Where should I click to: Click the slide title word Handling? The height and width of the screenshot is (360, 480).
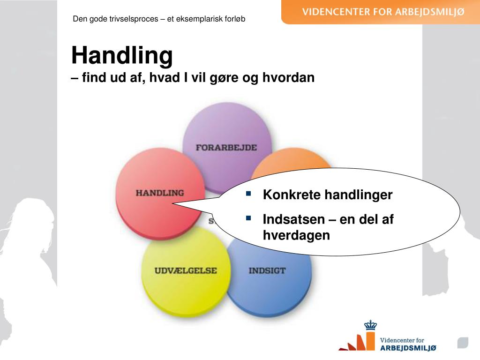point(122,56)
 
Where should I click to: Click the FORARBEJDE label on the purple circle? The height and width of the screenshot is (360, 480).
point(226,147)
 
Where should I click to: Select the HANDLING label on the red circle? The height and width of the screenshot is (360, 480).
point(159,193)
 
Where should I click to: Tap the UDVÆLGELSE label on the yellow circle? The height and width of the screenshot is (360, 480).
point(186,270)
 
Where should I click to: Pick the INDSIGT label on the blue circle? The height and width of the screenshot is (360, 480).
point(267,270)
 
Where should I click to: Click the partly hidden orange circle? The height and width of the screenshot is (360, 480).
point(291,162)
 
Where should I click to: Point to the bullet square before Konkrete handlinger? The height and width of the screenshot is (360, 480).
point(248,193)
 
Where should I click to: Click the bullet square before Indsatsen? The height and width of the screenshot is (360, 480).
point(248,218)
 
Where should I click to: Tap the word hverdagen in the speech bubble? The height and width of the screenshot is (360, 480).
point(296,235)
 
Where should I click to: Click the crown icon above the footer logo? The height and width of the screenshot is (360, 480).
point(370,325)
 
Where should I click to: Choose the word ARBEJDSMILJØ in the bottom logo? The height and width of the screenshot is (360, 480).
point(408,347)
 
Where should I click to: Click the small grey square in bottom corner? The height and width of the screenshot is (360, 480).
point(463,343)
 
